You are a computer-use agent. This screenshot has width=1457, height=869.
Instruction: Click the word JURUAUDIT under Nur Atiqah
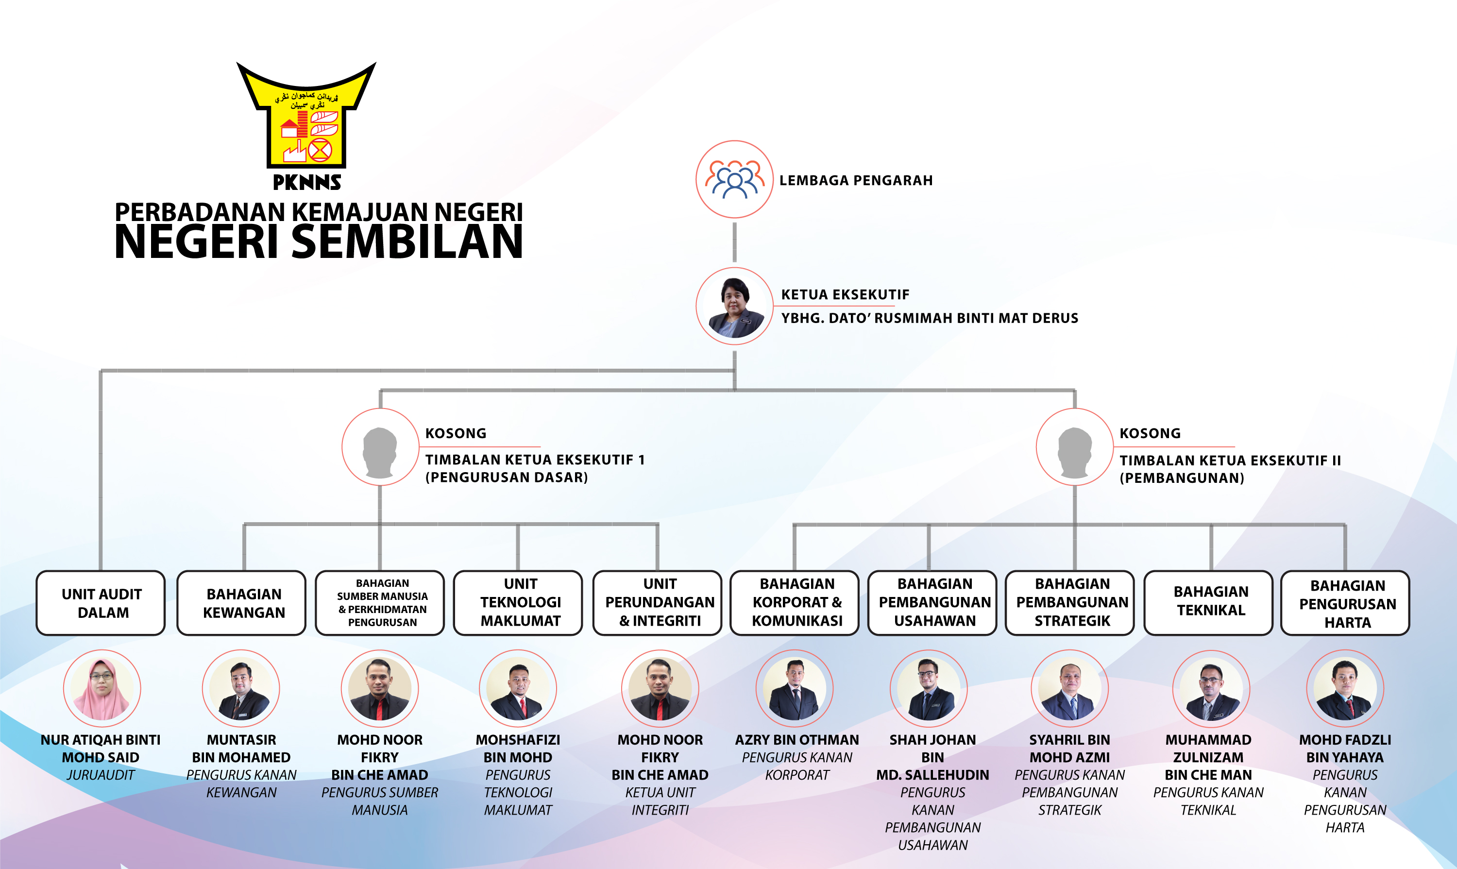pos(101,775)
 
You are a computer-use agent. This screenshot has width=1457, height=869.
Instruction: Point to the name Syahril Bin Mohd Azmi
pos(1070,749)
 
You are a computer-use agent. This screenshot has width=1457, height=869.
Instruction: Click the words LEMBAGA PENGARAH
pos(856,180)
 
